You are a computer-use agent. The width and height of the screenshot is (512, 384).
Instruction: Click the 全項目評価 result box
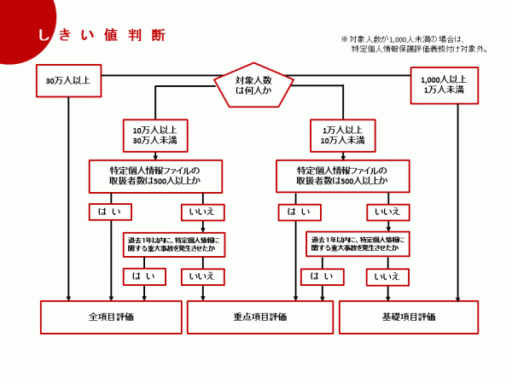(111, 317)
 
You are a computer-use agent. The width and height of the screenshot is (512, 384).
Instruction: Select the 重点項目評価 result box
(259, 317)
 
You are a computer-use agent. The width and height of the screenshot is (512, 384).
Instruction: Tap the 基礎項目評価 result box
(409, 317)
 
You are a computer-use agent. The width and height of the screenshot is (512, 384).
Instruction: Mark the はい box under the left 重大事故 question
(143, 276)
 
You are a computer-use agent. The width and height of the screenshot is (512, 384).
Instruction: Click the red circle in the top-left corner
(21, 26)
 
